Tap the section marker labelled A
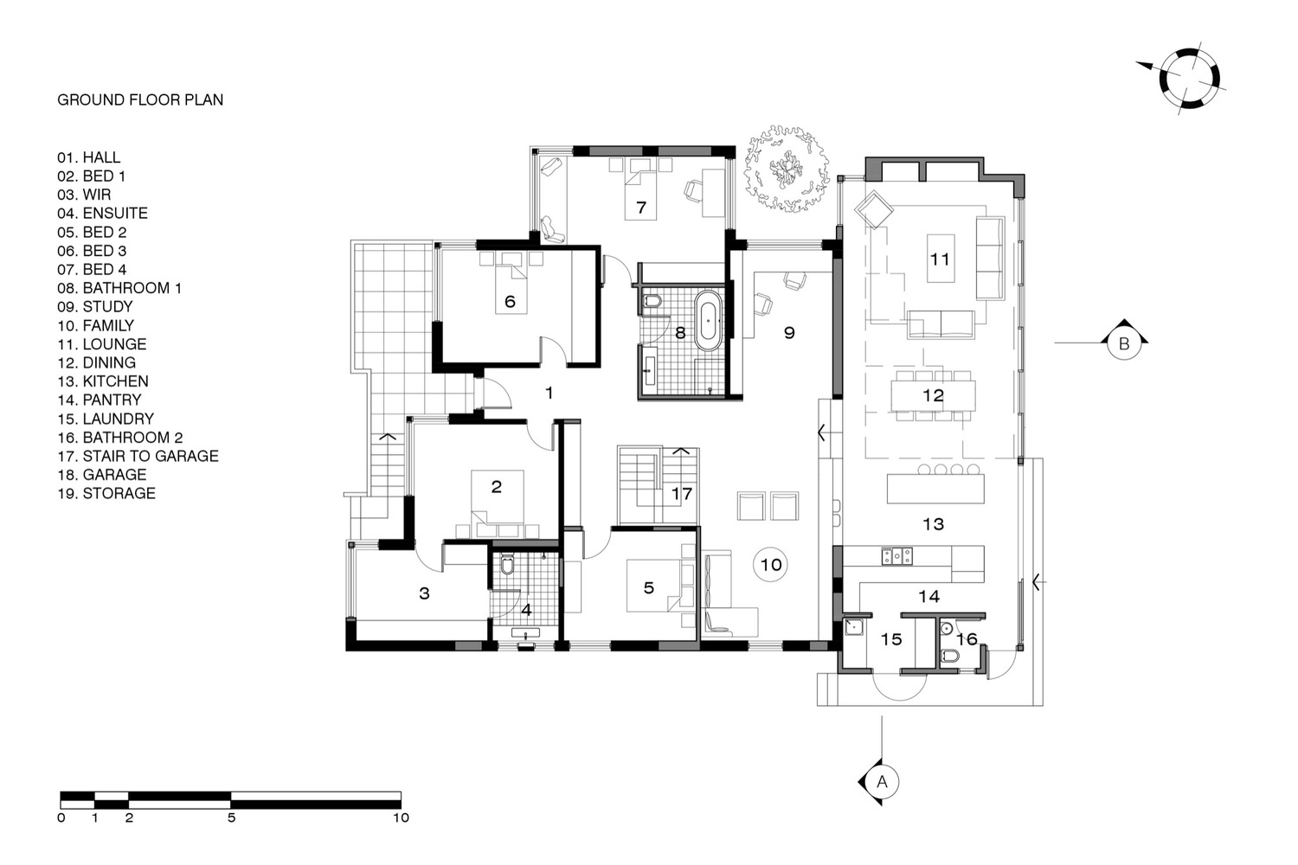click(880, 782)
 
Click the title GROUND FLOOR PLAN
click(140, 99)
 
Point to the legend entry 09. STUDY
click(95, 306)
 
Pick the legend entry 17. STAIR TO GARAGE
click(138, 456)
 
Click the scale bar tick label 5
click(231, 817)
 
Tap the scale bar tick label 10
click(401, 817)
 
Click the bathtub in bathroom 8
click(708, 320)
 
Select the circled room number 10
click(771, 564)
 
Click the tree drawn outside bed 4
click(787, 169)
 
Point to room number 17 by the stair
click(682, 494)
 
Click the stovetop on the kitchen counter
click(897, 556)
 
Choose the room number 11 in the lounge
click(939, 259)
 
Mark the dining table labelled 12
click(933, 395)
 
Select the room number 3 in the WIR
click(424, 593)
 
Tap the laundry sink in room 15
click(853, 626)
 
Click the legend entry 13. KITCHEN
click(103, 381)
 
